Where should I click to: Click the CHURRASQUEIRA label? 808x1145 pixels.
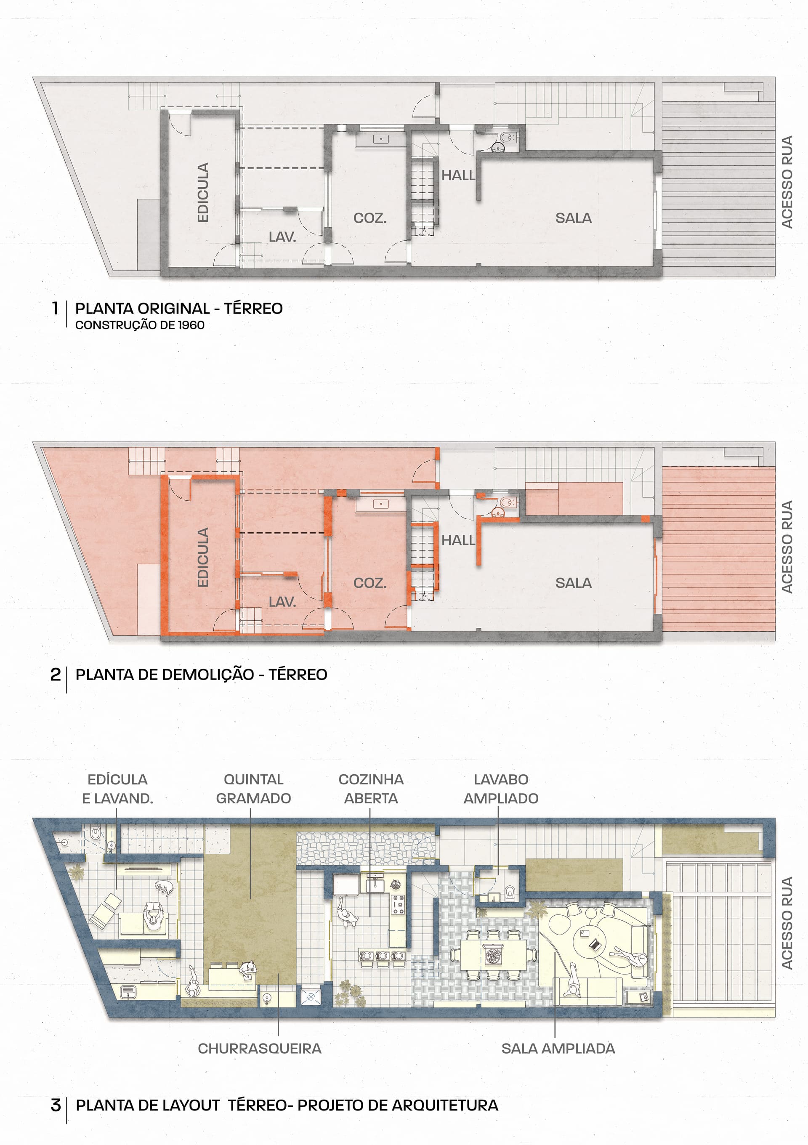259,1049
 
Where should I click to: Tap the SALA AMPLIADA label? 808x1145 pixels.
558,1049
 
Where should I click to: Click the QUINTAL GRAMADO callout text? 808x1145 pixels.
253,789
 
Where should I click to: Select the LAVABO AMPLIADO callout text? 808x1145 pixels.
501,789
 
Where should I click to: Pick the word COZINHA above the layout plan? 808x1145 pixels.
371,779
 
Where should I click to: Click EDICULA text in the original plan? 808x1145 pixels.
202,192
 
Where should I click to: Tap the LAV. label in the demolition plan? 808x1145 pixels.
282,602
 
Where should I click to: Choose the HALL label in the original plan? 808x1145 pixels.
458,175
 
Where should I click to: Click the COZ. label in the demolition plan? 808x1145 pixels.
370,583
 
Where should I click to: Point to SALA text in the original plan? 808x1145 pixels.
574,218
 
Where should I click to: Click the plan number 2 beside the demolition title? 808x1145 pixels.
56,675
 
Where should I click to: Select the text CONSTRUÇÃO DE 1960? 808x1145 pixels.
140,325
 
